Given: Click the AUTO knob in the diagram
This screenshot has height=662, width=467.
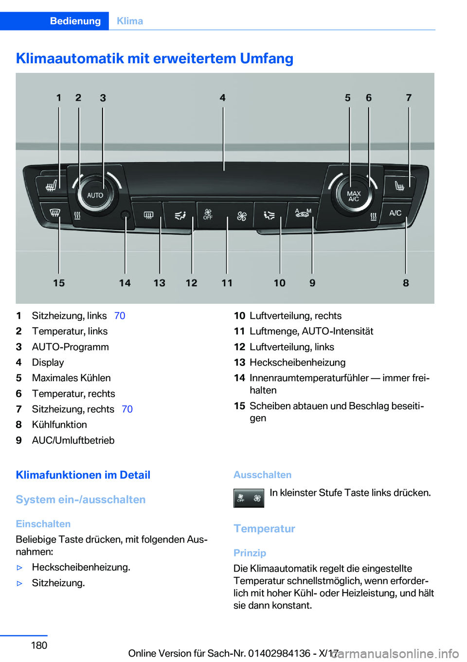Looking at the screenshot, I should [x=95, y=195].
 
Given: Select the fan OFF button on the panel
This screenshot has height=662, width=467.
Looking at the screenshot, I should [x=208, y=214].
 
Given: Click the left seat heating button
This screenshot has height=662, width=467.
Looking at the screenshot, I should [x=51, y=185].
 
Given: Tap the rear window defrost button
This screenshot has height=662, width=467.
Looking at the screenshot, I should [x=148, y=215].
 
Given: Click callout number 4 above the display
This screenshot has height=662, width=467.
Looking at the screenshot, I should [x=223, y=98].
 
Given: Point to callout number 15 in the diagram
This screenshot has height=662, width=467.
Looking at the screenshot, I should [x=59, y=283].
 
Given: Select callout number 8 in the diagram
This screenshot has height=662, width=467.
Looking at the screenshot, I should [x=406, y=283].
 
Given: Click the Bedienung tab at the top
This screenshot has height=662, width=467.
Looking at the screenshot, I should [x=75, y=21].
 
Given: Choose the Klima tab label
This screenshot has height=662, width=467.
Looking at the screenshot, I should [x=130, y=21].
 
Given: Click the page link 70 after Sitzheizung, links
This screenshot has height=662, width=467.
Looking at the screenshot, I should [x=120, y=316].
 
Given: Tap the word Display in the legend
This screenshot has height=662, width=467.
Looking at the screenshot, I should [x=48, y=363].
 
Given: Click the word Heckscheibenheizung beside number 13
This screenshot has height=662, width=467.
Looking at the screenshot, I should [x=297, y=363].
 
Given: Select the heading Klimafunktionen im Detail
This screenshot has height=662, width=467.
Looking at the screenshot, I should [x=83, y=475].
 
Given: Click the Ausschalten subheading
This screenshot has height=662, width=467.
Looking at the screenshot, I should [x=262, y=475].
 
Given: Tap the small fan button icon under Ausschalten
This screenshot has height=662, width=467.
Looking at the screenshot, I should [x=249, y=498].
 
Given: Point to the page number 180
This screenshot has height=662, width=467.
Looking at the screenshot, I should [x=39, y=645].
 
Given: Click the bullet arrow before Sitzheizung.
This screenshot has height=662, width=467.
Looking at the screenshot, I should [x=20, y=583].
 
